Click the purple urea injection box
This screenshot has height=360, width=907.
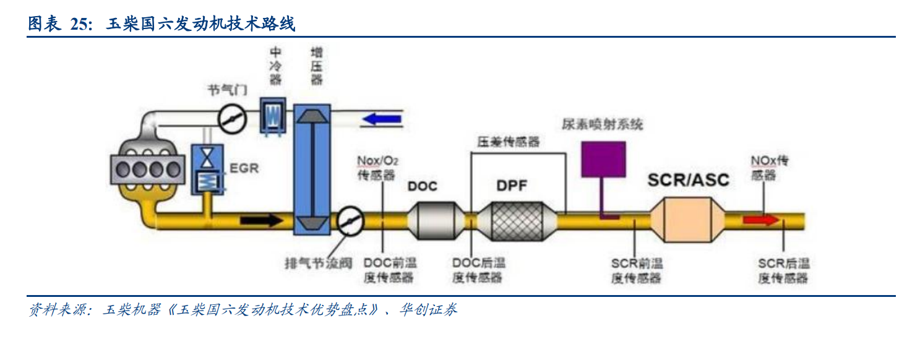pyautogui.click(x=603, y=159)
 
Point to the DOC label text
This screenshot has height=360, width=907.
pyautogui.click(x=423, y=186)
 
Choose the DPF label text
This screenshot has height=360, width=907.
pyautogui.click(x=512, y=185)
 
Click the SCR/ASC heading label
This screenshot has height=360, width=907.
pyautogui.click(x=688, y=180)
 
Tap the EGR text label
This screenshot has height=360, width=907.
pyautogui.click(x=244, y=168)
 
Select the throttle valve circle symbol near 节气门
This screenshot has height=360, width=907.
pyautogui.click(x=233, y=117)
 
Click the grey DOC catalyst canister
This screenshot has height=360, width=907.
pyautogui.click(x=432, y=220)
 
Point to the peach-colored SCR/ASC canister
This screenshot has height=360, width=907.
pyautogui.click(x=687, y=220)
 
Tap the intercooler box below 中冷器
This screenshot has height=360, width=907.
pyautogui.click(x=272, y=116)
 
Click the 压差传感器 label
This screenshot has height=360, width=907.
pyautogui.click(x=508, y=142)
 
